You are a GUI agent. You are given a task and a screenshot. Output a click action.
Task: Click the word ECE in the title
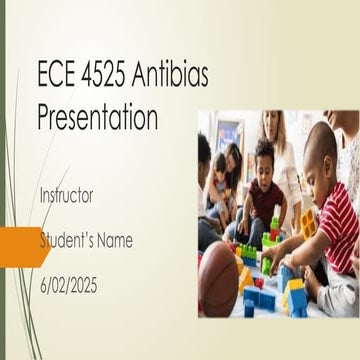coord(57,79)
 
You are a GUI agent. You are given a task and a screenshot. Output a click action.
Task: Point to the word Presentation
coord(97,117)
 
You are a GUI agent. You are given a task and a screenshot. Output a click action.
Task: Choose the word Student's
coord(71,241)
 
